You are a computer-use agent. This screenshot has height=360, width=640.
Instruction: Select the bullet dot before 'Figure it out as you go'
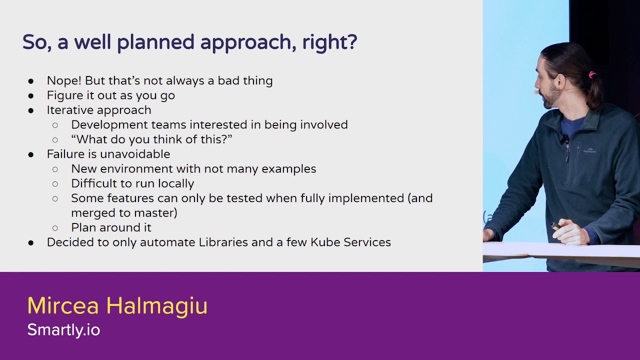[x=31, y=95]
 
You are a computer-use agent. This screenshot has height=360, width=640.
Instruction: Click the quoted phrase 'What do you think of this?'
[x=151, y=139]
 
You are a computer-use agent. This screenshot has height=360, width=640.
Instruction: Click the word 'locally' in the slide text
[x=175, y=183]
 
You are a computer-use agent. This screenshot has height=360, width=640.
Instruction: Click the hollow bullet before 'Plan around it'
[x=55, y=228]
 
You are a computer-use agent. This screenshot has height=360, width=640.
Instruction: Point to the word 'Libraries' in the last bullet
[x=223, y=242]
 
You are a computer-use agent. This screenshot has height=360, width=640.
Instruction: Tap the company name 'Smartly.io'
[x=63, y=329]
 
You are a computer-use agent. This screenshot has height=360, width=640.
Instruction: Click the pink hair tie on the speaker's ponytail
[x=592, y=75]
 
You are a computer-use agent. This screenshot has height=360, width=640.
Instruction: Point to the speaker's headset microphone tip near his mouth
[x=536, y=92]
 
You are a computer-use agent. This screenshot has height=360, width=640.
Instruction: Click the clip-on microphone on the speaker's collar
[x=565, y=138]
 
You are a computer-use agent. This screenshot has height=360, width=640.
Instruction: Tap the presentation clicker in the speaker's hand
[x=555, y=226]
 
